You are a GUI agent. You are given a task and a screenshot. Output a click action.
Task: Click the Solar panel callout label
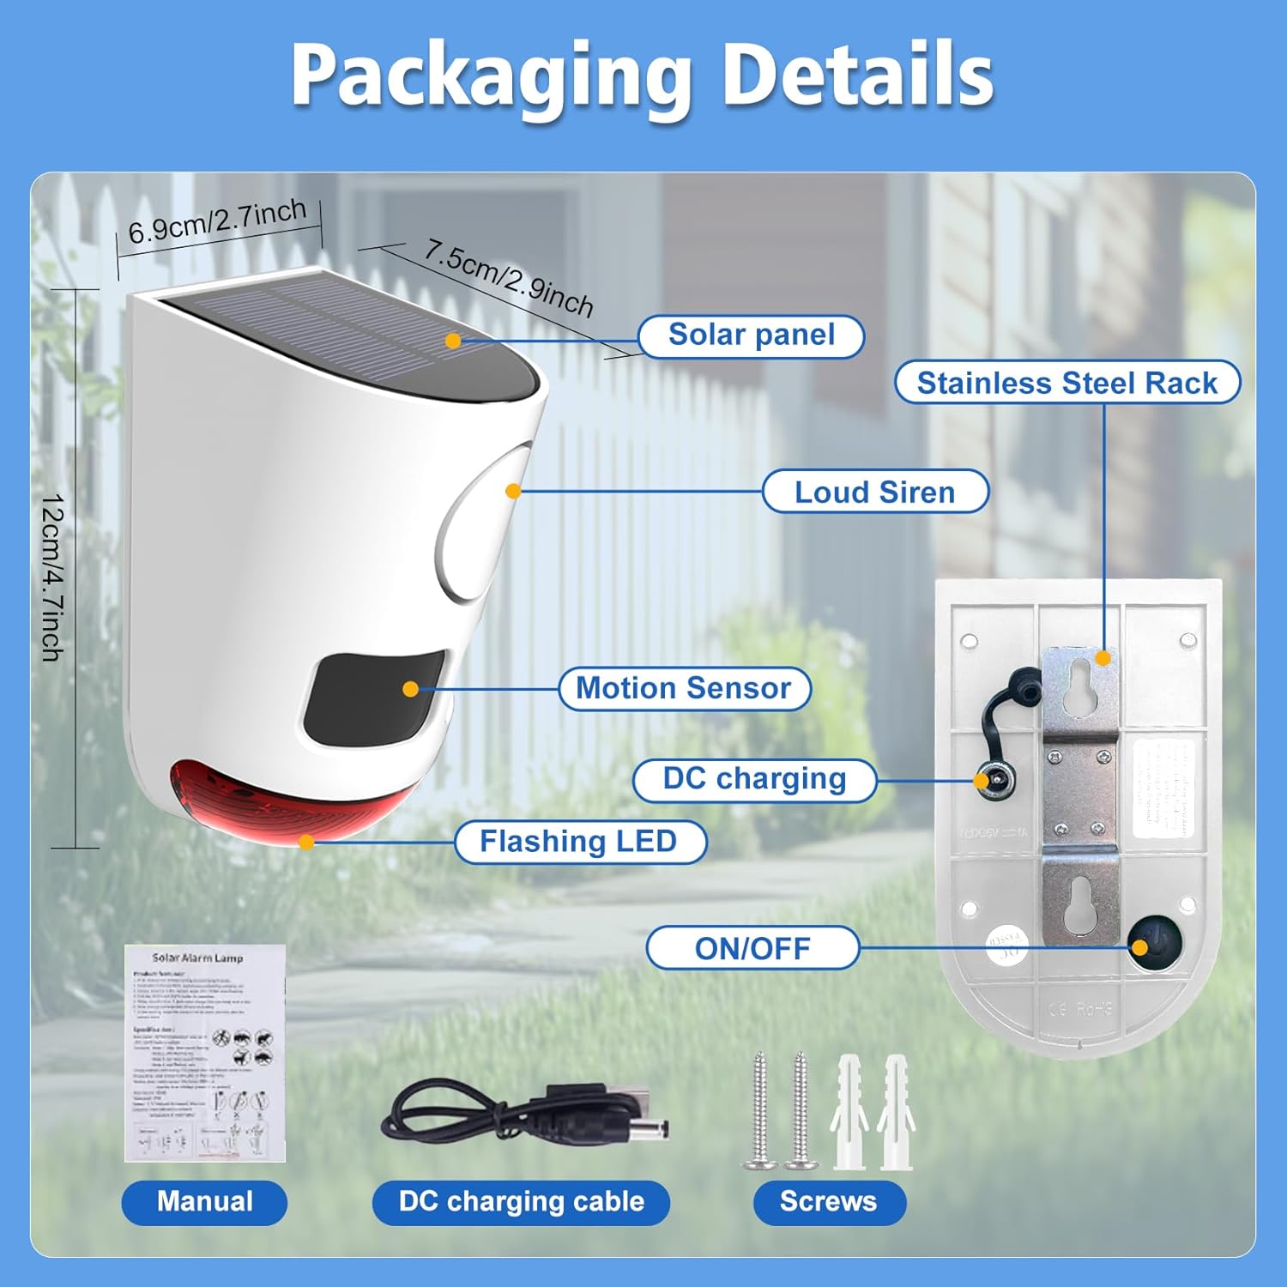tap(751, 335)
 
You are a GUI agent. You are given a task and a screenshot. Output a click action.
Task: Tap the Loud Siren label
tap(874, 492)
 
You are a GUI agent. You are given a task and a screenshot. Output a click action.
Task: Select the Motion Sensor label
tap(684, 688)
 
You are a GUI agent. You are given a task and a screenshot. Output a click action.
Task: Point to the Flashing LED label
tap(579, 841)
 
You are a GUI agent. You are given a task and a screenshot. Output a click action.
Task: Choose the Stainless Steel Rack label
tap(1066, 383)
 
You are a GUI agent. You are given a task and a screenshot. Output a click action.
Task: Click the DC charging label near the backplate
tap(754, 779)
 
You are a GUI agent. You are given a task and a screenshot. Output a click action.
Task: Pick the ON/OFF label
tap(752, 948)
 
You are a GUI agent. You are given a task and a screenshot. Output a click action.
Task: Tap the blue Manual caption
tap(204, 1201)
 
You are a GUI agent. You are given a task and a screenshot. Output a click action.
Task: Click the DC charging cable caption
tap(521, 1201)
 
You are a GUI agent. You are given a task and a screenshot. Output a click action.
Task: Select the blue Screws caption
tap(828, 1201)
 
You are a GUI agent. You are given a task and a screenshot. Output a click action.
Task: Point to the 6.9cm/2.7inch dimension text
tap(217, 221)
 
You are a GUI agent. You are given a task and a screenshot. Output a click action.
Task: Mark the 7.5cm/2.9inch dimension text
tap(508, 277)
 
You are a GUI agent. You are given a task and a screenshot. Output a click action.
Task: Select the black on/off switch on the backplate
tap(1154, 943)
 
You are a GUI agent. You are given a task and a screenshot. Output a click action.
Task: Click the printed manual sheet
tap(204, 1053)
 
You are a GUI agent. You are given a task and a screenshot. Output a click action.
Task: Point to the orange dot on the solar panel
tap(454, 341)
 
